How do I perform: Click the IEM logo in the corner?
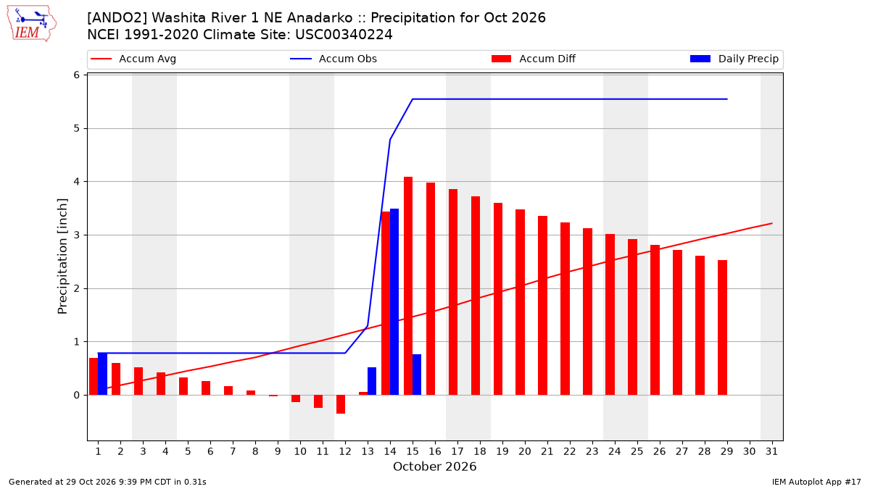[x=31, y=24]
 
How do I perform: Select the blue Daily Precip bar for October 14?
[x=394, y=302]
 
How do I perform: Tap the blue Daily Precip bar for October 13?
[x=372, y=381]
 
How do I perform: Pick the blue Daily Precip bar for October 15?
[x=417, y=375]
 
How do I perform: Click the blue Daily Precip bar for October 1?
[x=102, y=374]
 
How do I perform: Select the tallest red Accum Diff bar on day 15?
[x=408, y=286]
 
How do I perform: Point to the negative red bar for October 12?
[x=341, y=404]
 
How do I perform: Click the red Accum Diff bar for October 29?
[x=722, y=327]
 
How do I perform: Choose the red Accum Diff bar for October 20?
[x=520, y=302]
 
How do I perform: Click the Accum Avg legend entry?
[x=133, y=59]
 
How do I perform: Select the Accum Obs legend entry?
[x=333, y=59]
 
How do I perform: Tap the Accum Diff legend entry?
[x=534, y=59]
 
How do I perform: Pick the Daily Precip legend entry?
[x=734, y=59]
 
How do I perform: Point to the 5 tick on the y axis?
[x=77, y=128]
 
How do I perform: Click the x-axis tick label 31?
[x=771, y=451]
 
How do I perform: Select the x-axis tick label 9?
[x=278, y=451]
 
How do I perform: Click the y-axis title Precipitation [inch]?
[x=62, y=256]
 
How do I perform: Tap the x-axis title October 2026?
[x=434, y=467]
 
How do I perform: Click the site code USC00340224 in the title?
[x=344, y=35]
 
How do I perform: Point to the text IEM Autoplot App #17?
[x=816, y=482]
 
